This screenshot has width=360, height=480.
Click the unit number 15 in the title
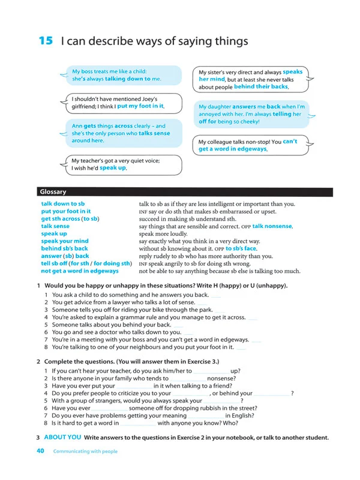(x=46, y=41)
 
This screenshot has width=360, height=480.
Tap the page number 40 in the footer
(x=41, y=451)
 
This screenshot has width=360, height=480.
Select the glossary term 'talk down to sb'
(x=63, y=204)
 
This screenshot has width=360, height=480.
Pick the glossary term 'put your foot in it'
(x=66, y=211)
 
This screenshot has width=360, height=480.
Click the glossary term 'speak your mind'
(x=65, y=241)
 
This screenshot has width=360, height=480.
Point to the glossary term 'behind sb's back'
(x=65, y=248)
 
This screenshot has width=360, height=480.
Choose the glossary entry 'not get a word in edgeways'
(x=80, y=271)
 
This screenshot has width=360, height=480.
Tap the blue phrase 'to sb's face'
(x=241, y=248)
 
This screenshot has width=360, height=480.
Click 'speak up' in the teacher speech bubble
(x=113, y=169)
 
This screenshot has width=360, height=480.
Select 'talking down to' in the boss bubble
(x=128, y=79)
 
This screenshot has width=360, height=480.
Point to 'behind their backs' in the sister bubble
(x=261, y=87)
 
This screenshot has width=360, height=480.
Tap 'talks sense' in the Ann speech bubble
(x=154, y=133)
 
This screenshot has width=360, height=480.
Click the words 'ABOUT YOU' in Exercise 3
(x=63, y=437)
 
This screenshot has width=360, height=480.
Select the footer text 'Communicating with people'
(x=85, y=451)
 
